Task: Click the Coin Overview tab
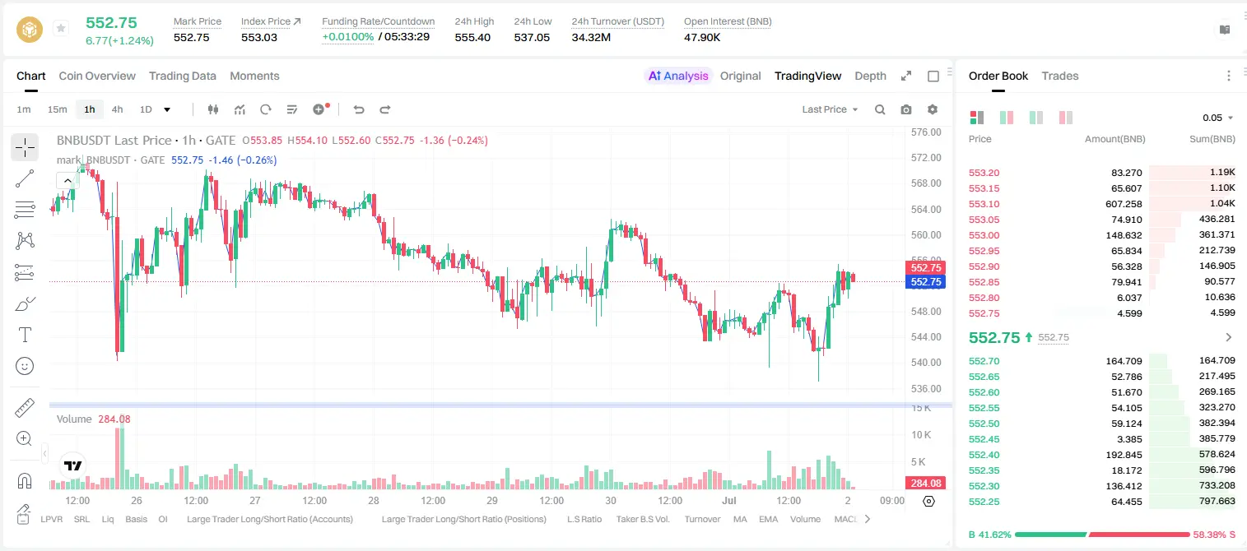(97, 76)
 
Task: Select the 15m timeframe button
(58, 109)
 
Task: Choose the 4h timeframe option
(117, 109)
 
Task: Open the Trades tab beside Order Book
(1060, 76)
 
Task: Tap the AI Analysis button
(678, 76)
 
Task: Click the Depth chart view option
(870, 76)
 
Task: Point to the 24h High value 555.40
(472, 37)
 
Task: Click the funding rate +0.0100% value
(348, 37)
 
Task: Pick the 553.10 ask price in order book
(984, 204)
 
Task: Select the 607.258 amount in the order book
(1124, 204)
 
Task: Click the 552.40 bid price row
(984, 455)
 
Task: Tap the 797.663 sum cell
(1217, 501)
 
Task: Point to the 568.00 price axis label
(926, 183)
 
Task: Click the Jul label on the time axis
(729, 500)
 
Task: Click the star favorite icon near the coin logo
(61, 28)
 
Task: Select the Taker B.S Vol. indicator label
(642, 519)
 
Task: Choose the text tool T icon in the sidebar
(25, 335)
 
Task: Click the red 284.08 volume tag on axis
(926, 484)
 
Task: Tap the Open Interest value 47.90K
(702, 37)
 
